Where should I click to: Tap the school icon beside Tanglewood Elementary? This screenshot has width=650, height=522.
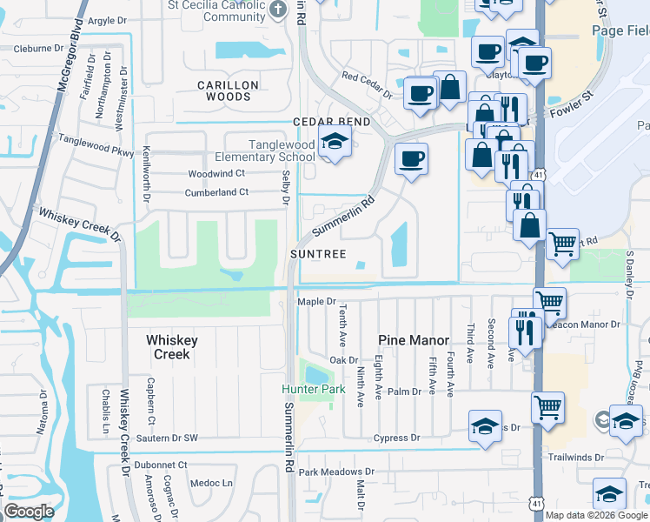pyautogui.click(x=334, y=143)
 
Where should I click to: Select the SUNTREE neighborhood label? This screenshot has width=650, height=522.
pyautogui.click(x=318, y=254)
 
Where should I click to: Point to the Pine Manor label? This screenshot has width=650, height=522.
pyautogui.click(x=414, y=340)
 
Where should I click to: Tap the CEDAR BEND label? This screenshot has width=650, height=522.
pyautogui.click(x=331, y=122)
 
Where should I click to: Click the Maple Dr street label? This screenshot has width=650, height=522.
pyautogui.click(x=316, y=302)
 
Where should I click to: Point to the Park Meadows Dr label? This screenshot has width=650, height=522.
pyautogui.click(x=335, y=472)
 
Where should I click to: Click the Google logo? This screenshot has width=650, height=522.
pyautogui.click(x=30, y=512)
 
